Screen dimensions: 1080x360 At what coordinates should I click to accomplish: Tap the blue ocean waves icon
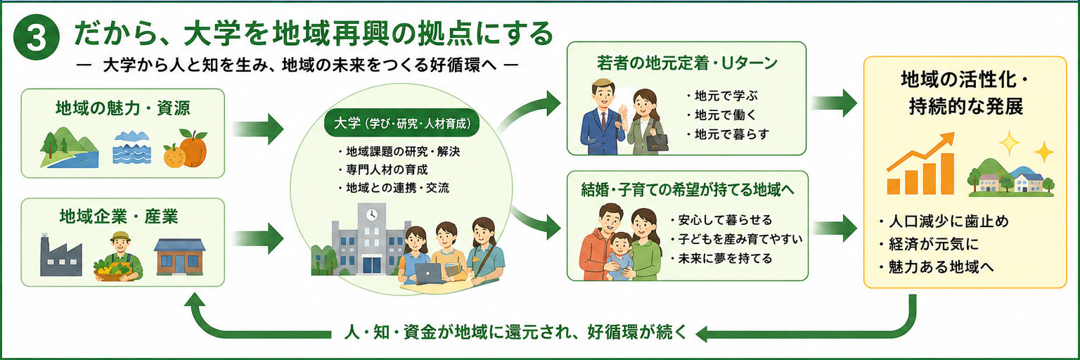[131, 147]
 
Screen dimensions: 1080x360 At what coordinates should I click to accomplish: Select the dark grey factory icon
[60, 256]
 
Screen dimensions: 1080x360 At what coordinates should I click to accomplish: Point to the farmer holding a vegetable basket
[119, 256]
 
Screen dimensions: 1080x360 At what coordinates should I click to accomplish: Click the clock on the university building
[371, 214]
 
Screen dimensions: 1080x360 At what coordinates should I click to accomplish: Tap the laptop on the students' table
[429, 274]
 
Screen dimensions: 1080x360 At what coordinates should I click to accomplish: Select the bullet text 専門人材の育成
[382, 169]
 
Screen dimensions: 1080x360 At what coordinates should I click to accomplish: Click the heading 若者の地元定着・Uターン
[687, 63]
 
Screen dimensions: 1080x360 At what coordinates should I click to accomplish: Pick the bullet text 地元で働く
[722, 115]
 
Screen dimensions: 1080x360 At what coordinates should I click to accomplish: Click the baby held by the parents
[620, 256]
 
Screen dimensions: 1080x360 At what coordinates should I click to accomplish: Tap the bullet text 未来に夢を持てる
[721, 259]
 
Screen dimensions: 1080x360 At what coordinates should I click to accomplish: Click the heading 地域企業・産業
[119, 217]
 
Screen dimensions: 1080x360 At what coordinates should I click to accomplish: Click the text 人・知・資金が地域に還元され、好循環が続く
[515, 332]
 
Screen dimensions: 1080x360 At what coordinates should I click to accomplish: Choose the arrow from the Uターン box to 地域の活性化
[834, 103]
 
